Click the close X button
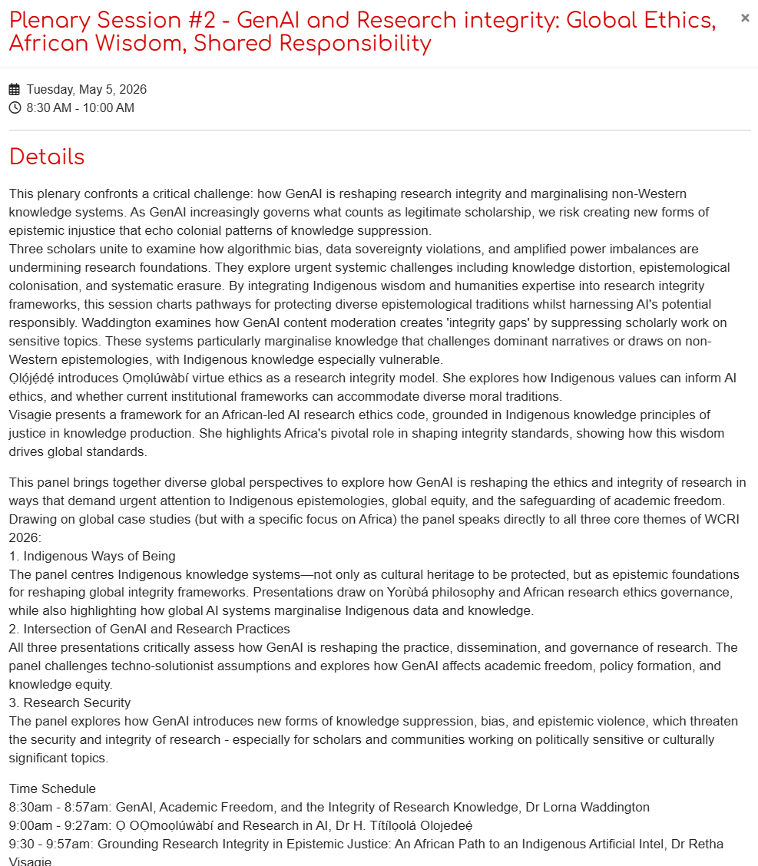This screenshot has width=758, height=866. point(744,18)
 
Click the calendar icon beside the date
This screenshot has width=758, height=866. point(15,90)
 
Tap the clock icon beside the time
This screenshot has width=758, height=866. point(15,108)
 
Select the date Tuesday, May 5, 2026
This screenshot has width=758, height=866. point(86,90)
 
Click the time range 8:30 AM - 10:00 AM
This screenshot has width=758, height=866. point(80,108)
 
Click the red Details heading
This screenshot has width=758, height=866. point(47,157)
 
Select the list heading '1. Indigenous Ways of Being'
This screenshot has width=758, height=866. point(92,556)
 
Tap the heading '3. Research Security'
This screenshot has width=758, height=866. point(70,703)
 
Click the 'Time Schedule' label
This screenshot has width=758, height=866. point(52,789)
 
